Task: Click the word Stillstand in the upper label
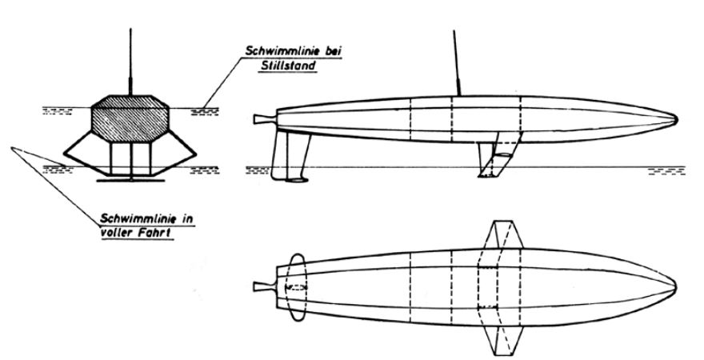pos(288,66)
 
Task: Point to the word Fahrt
pos(156,234)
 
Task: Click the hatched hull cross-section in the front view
pos(130,118)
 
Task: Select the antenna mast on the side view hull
pos(457,63)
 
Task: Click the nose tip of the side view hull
pos(677,119)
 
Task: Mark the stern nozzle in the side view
pos(265,119)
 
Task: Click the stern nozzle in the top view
pos(265,286)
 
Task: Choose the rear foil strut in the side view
pos(290,155)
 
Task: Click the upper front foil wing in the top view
pos(503,234)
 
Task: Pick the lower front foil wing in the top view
pos(503,339)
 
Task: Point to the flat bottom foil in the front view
pos(130,181)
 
